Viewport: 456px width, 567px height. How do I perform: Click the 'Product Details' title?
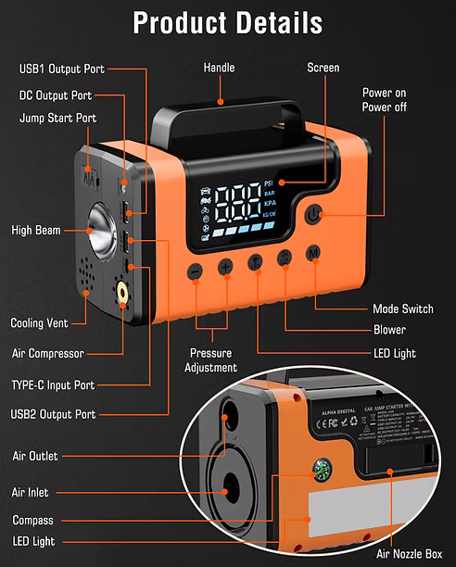pos(228,22)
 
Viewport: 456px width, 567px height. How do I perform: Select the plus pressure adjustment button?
pos(225,268)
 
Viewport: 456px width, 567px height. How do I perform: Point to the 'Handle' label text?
pos(220,68)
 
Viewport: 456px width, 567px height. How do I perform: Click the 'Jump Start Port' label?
pos(58,119)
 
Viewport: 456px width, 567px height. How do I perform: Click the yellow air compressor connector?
pos(122,295)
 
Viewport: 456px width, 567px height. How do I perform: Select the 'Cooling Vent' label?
pos(40,323)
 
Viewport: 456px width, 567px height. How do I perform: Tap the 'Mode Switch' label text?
pos(402,309)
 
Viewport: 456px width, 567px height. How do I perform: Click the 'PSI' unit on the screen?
pos(269,183)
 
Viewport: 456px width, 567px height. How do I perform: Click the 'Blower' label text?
pos(389,330)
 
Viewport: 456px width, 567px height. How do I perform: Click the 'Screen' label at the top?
pos(323,68)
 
